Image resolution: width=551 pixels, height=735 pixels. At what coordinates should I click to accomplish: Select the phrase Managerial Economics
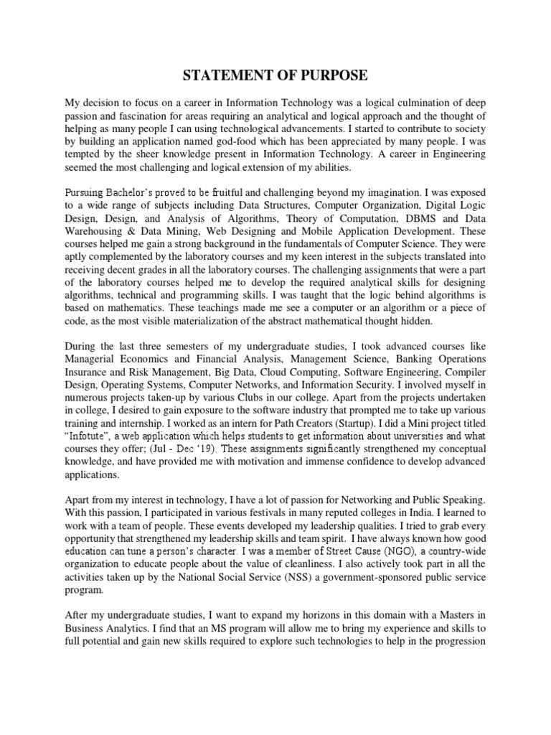click(115, 357)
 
